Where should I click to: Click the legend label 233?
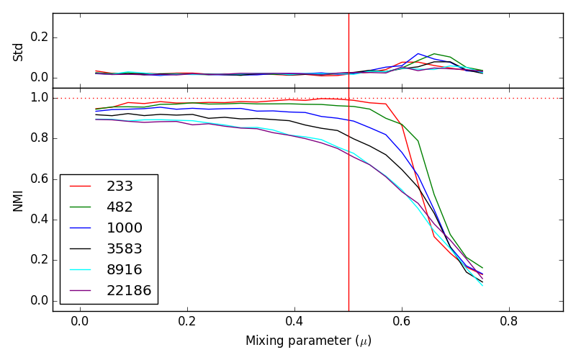[120, 186]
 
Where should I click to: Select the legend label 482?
[120, 207]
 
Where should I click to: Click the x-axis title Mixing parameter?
[308, 341]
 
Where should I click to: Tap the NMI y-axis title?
[19, 199]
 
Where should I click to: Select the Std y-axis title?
[19, 51]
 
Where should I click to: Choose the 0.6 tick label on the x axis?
[402, 320]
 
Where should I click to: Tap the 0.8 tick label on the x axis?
[509, 320]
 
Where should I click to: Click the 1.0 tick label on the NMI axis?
[37, 98]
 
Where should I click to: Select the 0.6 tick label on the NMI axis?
[37, 179]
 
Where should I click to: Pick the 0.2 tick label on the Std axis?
[37, 37]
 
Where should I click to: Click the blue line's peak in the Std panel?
[418, 53]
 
